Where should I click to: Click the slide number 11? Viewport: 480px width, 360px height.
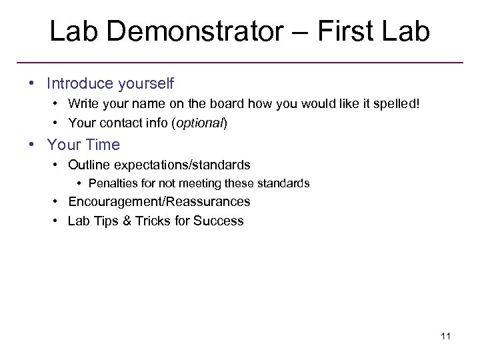(x=445, y=336)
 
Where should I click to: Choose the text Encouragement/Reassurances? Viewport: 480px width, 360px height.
(x=159, y=201)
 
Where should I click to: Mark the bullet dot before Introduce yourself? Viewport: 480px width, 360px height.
(x=31, y=84)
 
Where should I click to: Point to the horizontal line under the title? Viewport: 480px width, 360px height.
(x=240, y=63)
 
